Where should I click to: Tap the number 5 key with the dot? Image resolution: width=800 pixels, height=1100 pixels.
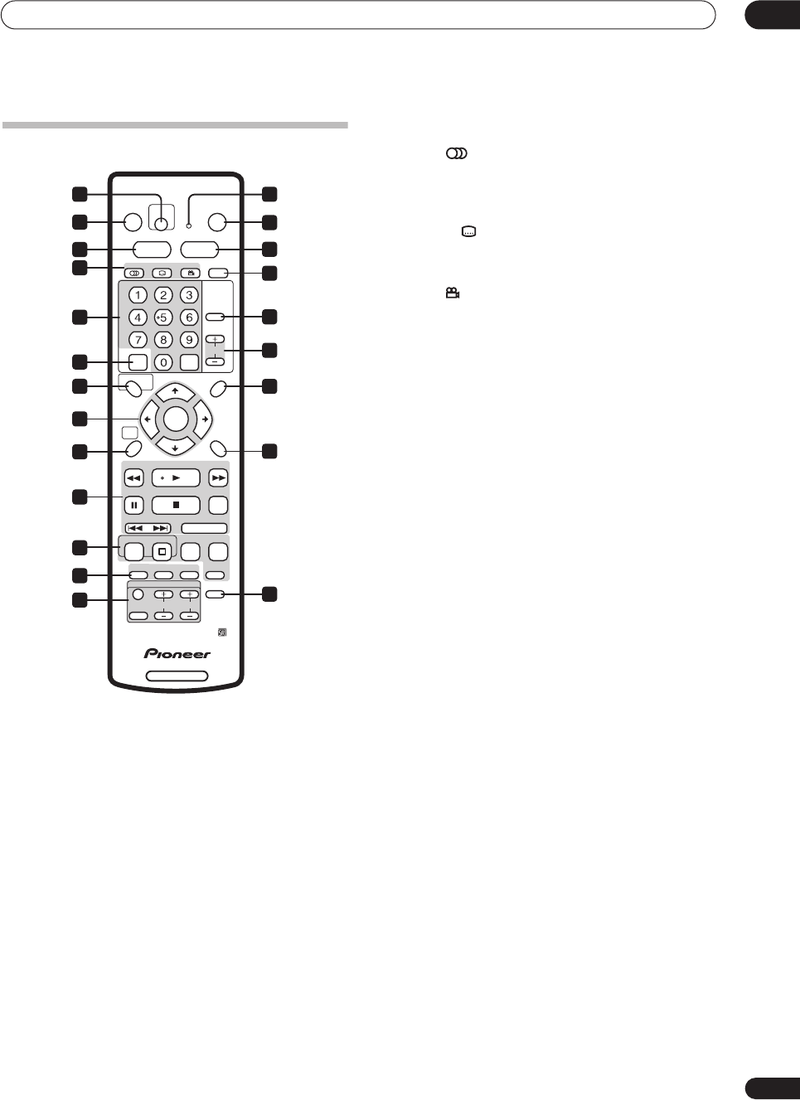pos(163,317)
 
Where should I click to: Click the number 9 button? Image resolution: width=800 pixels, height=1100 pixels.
pos(189,340)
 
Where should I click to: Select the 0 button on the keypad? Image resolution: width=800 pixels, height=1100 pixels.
pos(163,362)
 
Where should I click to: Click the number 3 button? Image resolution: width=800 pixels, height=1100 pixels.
pos(189,295)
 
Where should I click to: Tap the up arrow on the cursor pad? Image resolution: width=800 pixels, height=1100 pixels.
pos(175,391)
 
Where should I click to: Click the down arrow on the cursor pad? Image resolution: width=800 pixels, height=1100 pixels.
pos(175,448)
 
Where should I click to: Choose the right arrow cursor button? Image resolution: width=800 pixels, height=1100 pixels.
pos(204,419)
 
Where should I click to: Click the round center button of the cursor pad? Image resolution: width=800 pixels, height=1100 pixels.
pos(176,419)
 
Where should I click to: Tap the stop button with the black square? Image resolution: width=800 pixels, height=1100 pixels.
pos(176,505)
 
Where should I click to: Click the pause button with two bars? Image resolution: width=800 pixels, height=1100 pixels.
pos(133,505)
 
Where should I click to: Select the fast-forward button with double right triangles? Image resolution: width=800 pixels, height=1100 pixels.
pos(218,478)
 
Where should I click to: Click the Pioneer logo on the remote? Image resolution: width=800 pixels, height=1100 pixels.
pos(177,654)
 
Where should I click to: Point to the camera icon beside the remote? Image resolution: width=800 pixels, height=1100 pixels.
pos(453,293)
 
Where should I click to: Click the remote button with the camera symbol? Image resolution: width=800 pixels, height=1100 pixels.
pos(190,273)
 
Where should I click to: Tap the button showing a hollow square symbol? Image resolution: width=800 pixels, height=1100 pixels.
pos(162,551)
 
